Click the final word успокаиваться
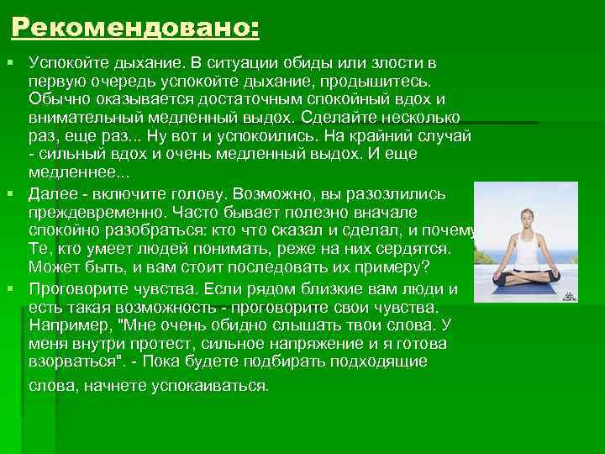coord(209,386)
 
